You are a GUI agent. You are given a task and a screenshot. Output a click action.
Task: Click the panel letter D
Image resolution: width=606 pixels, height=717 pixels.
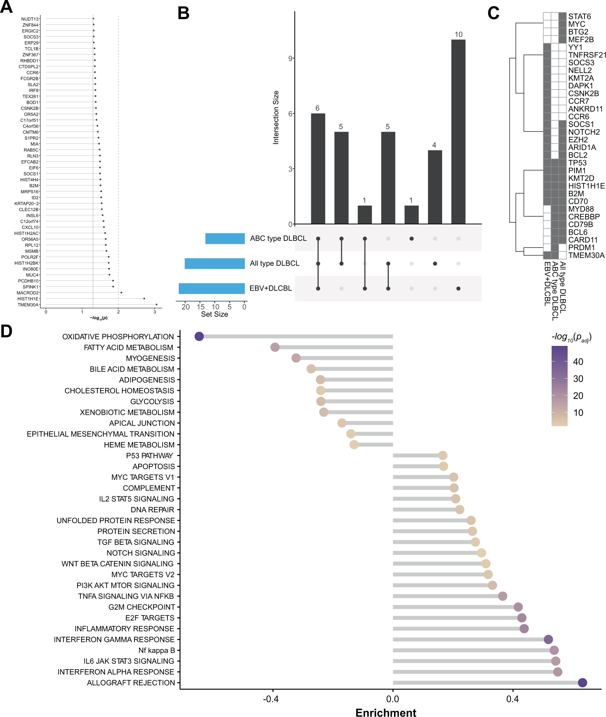point(6,332)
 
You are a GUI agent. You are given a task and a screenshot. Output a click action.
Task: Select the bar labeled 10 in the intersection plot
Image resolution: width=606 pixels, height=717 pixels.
point(458,132)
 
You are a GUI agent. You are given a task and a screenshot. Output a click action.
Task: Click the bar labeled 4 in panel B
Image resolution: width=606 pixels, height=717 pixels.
point(435,187)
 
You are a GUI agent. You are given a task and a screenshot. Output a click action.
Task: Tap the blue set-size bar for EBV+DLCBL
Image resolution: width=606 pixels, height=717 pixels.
point(212,289)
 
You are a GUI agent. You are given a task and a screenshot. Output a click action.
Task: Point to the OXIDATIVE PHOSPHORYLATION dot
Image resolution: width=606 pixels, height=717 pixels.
point(199,336)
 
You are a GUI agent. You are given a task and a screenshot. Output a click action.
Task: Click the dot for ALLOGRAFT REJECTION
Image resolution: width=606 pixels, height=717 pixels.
point(582,683)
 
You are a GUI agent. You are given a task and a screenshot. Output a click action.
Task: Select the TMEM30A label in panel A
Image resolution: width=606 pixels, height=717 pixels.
point(28,305)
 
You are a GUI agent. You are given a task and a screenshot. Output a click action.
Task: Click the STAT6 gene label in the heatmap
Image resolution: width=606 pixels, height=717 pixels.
point(579,16)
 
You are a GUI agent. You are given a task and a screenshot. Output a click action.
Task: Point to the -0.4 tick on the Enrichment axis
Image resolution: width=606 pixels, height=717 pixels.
point(271,699)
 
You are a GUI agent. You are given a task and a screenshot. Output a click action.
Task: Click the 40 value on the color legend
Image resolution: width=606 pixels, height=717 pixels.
point(578,362)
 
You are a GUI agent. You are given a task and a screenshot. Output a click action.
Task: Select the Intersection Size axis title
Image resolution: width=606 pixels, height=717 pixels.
point(276,117)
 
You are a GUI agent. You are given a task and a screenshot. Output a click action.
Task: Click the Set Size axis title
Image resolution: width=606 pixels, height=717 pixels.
point(214,314)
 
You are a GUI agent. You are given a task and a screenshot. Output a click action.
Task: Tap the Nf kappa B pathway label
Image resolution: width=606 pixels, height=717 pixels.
point(157,650)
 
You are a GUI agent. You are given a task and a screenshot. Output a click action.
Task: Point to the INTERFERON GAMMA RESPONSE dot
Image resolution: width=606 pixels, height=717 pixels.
point(548,639)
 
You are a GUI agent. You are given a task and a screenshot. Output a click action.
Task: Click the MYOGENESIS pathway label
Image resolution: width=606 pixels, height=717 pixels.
point(151,358)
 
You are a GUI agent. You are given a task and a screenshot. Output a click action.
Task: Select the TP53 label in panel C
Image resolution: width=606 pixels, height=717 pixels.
point(578,163)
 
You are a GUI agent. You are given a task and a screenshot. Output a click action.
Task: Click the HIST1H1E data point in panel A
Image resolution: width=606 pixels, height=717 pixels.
point(144,299)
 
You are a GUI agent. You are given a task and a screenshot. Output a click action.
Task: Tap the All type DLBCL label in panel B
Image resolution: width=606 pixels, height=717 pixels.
point(274,263)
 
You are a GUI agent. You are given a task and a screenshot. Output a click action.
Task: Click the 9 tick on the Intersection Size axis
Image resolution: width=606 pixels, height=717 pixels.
point(290,59)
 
